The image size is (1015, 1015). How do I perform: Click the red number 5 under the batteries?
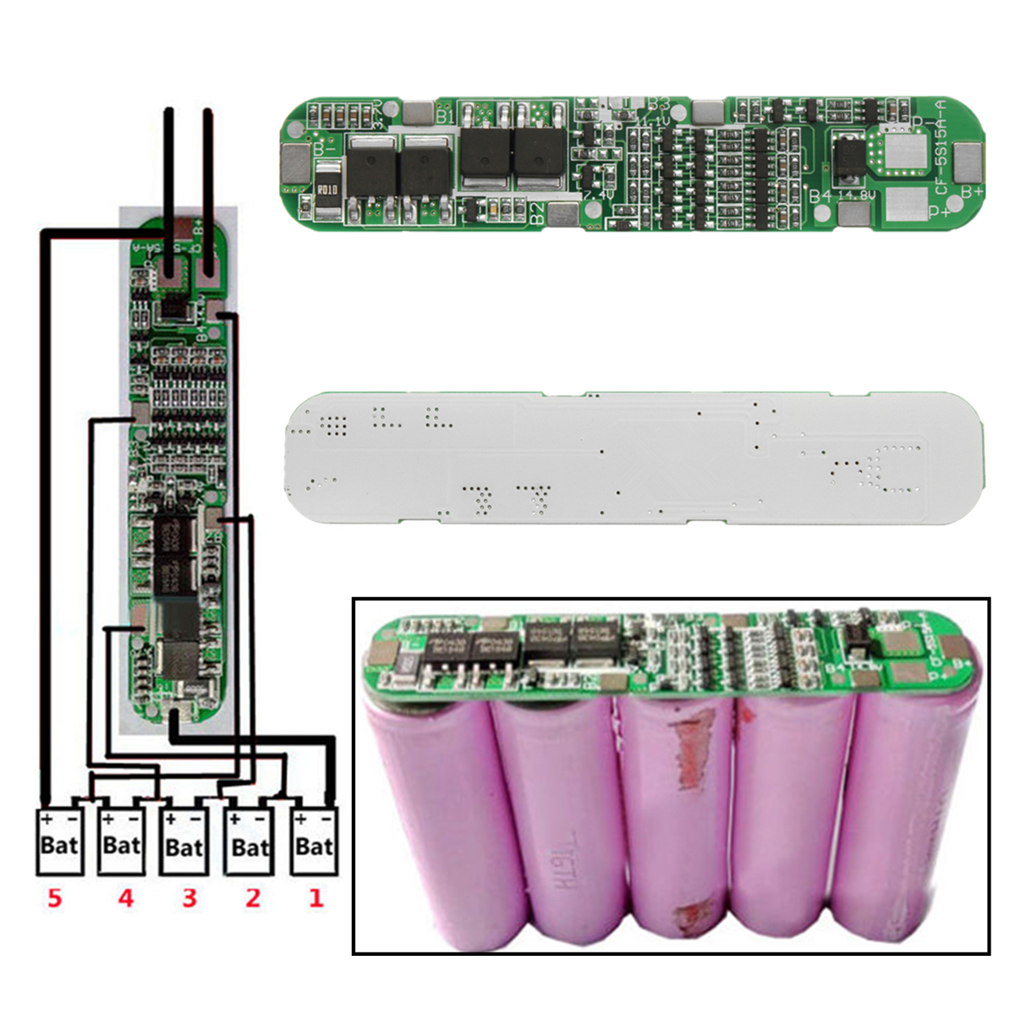coord(55,897)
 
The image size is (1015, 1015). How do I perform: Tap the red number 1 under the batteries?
coord(315,897)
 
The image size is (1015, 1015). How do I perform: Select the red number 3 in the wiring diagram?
coord(189,897)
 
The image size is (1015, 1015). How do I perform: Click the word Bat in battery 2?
coord(250,847)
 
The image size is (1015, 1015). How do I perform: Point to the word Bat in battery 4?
coord(121,845)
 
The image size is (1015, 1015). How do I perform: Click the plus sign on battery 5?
coord(48,819)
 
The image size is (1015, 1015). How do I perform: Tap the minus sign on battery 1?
coord(326,819)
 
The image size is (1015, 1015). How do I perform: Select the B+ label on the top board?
coord(971,191)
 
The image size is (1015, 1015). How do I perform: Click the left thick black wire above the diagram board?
coord(170,182)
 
